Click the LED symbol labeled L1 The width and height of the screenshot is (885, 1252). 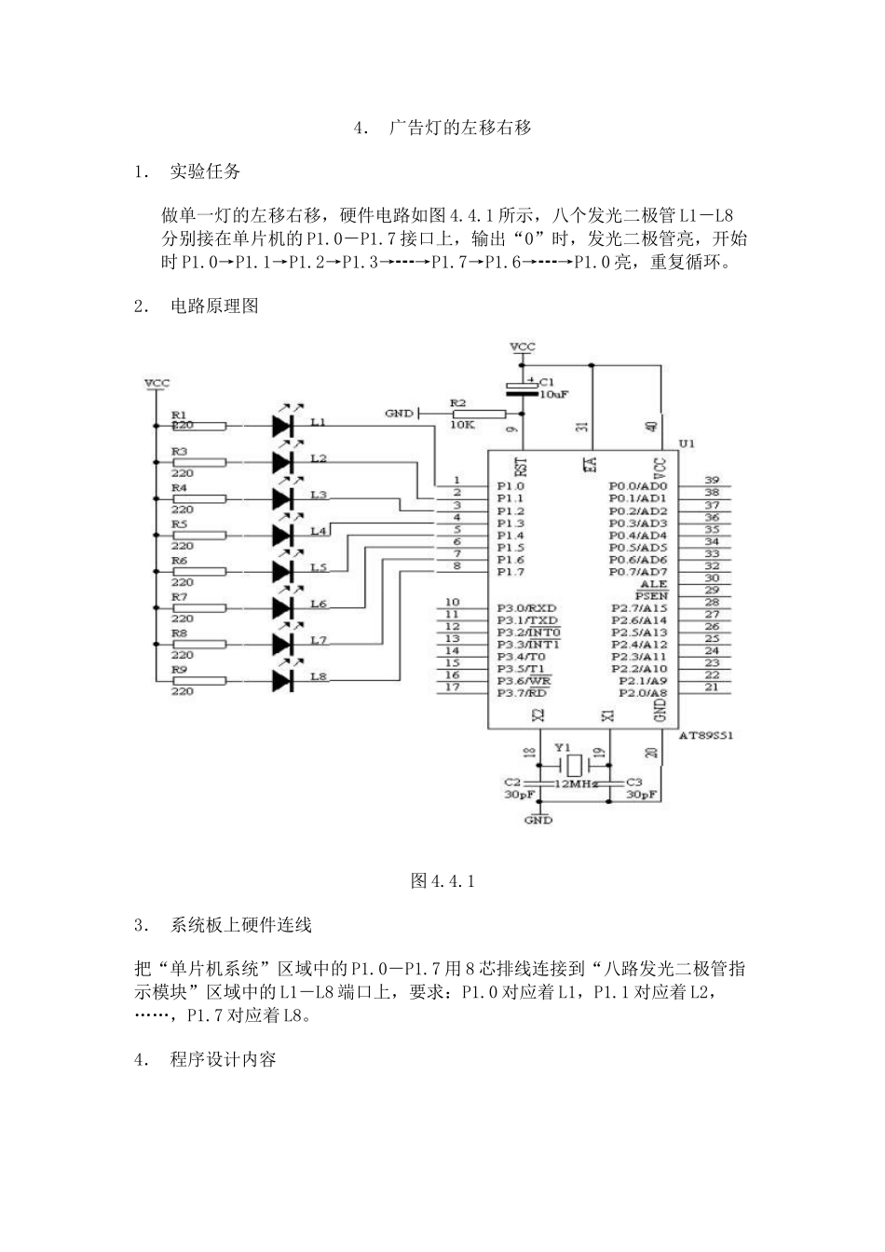click(x=284, y=426)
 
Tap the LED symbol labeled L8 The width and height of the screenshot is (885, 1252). click(x=284, y=681)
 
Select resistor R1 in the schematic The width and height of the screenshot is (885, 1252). click(x=199, y=426)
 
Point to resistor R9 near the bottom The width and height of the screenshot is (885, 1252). click(x=199, y=681)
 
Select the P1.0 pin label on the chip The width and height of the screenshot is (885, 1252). click(x=510, y=486)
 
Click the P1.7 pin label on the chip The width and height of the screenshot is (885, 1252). click(x=510, y=571)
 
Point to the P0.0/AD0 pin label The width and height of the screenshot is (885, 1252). click(x=638, y=486)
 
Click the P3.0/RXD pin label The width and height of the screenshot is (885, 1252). click(x=527, y=608)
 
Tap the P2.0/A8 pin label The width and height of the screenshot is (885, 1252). click(x=643, y=693)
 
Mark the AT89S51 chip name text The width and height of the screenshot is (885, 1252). click(x=706, y=736)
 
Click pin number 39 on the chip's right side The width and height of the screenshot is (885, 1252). click(x=711, y=480)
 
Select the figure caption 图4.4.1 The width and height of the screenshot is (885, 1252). click(x=442, y=881)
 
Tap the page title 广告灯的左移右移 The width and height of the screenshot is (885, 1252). click(x=460, y=128)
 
